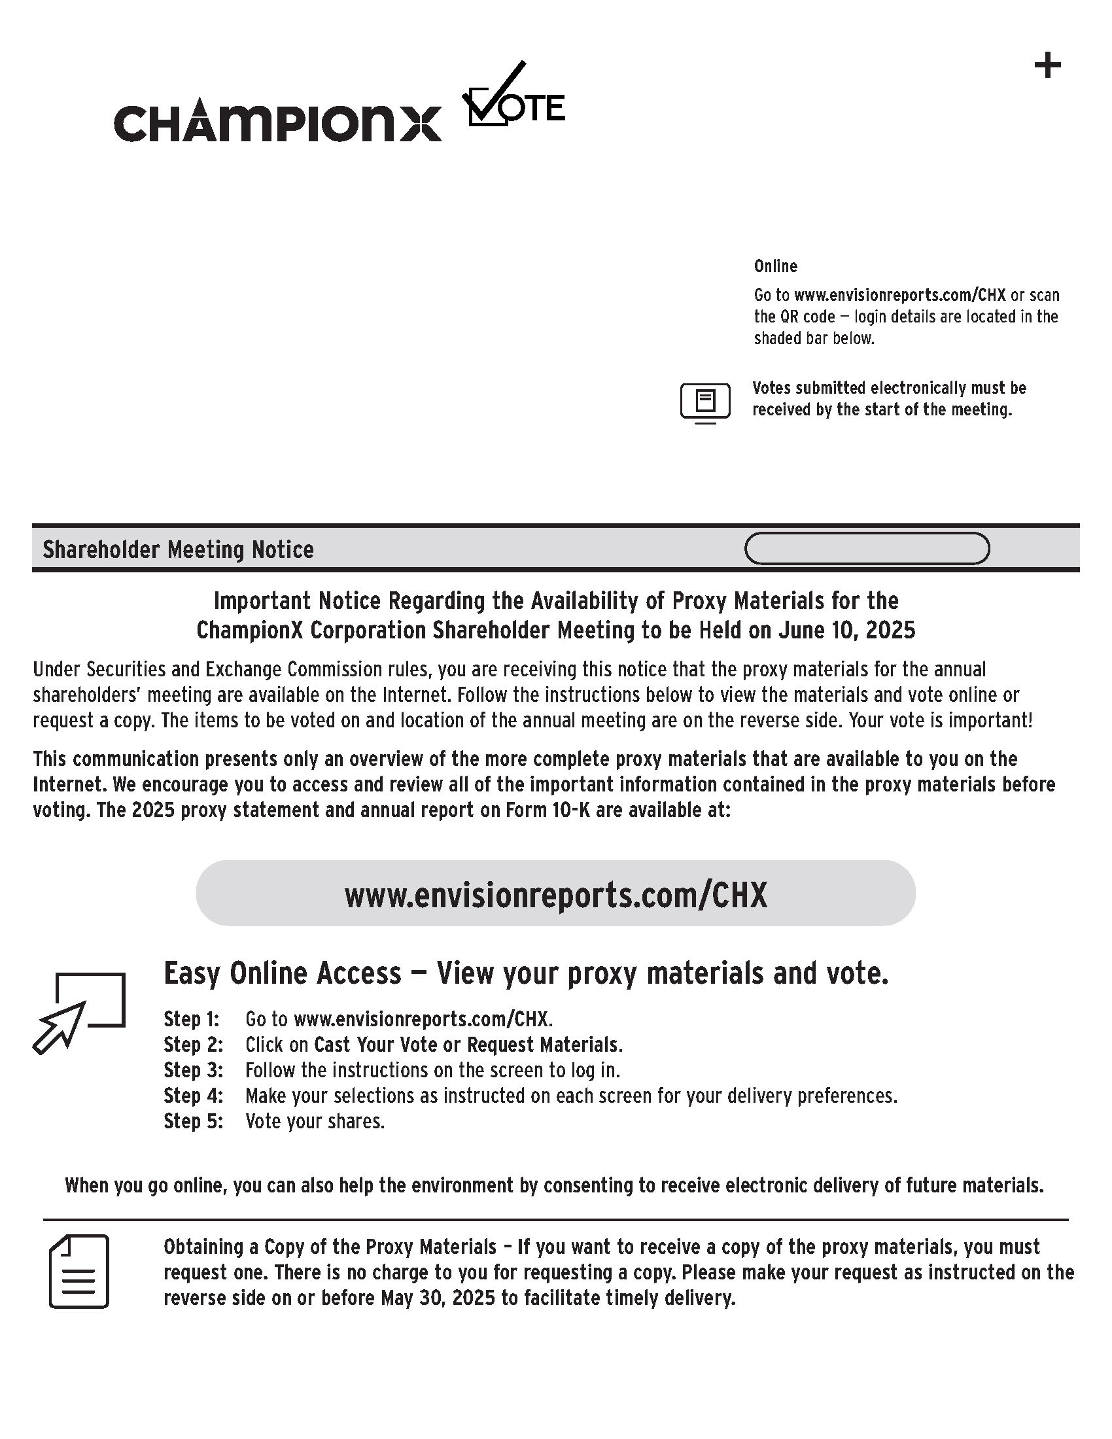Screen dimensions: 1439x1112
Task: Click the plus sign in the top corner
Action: click(x=1047, y=66)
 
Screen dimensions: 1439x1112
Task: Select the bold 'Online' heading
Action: click(x=775, y=266)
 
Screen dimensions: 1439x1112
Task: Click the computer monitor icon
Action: click(x=705, y=401)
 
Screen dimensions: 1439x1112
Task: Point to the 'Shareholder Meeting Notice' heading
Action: click(x=178, y=549)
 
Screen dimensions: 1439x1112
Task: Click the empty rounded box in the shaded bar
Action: click(x=866, y=549)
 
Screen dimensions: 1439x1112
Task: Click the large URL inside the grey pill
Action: click(x=555, y=895)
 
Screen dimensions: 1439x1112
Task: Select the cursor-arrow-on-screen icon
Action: click(x=79, y=1011)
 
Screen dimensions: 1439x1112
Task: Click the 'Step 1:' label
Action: click(x=191, y=1019)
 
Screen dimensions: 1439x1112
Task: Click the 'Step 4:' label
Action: click(x=193, y=1096)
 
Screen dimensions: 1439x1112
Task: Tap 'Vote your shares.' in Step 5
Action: click(x=315, y=1121)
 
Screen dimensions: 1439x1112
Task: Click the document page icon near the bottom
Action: click(x=79, y=1272)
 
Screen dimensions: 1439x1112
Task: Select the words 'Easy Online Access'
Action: click(x=282, y=974)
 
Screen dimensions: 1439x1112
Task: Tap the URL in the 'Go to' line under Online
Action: click(x=900, y=294)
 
